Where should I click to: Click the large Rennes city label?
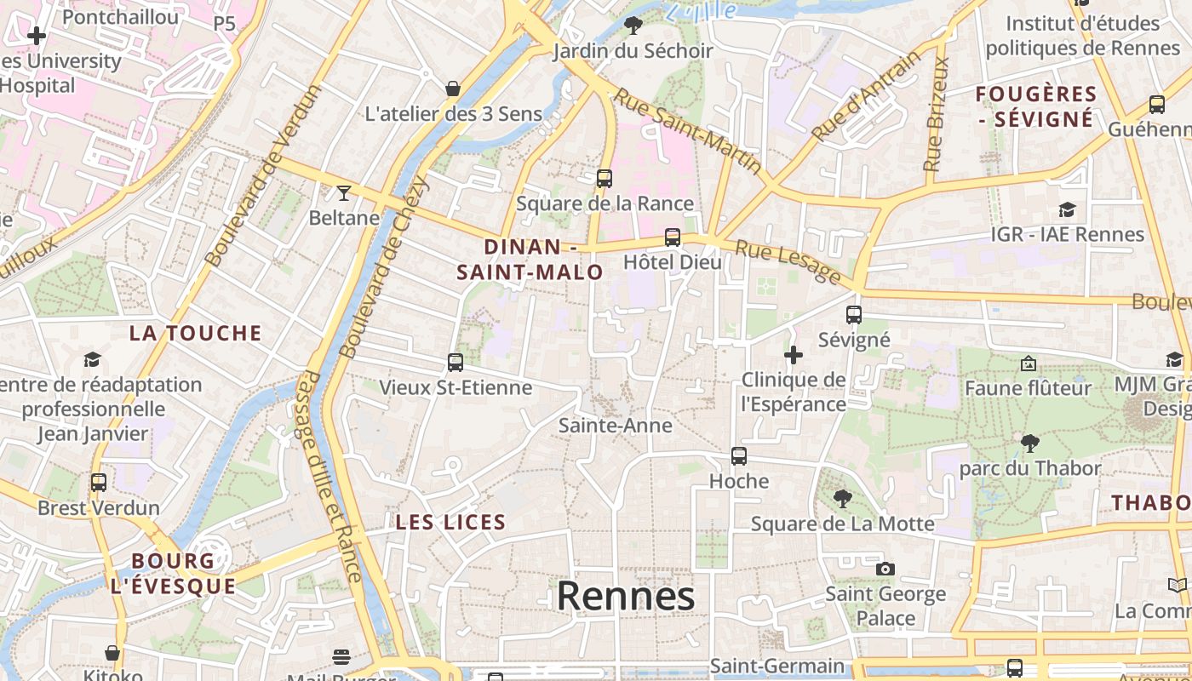tap(625, 597)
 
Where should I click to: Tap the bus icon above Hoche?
tap(739, 456)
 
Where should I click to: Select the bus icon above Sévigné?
tap(854, 315)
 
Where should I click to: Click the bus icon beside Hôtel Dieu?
tap(673, 237)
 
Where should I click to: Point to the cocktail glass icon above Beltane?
tap(344, 193)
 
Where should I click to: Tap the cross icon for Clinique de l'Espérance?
tap(794, 354)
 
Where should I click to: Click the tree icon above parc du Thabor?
tap(1029, 443)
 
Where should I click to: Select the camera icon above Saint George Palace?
tap(885, 569)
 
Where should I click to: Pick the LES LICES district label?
tap(450, 523)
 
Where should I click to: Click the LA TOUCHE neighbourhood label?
tap(195, 333)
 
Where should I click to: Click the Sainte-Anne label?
tap(615, 426)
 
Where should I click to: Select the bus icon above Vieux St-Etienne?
tap(456, 363)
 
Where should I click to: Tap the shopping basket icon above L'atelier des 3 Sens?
tap(453, 89)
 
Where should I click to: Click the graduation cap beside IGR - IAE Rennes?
tap(1067, 209)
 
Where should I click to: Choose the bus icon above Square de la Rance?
tap(605, 179)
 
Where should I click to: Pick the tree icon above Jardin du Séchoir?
tap(633, 26)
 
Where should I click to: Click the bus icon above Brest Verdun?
tap(99, 483)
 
